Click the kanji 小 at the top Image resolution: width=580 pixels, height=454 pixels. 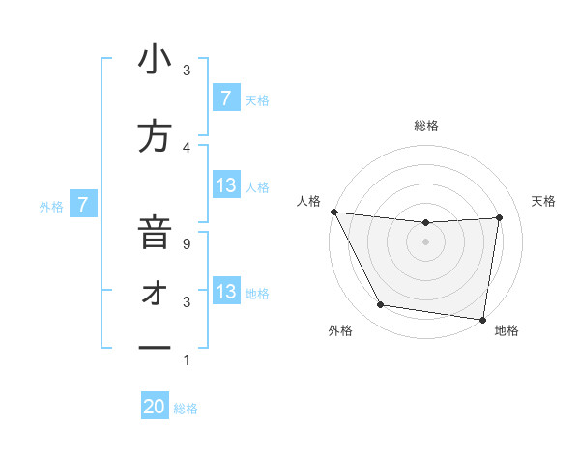point(155,60)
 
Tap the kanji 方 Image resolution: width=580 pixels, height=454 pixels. point(155,137)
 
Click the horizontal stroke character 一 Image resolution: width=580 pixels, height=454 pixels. point(155,346)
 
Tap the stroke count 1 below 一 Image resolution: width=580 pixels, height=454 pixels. point(187,360)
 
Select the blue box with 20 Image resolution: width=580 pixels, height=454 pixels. point(155,407)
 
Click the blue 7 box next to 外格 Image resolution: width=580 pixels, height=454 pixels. point(84,204)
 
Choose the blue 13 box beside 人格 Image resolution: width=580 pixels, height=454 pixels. point(226,185)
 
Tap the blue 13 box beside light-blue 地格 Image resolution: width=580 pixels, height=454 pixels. point(226,292)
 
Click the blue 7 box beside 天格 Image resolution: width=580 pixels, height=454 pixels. point(226,98)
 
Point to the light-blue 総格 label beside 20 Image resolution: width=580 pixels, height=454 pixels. point(186,409)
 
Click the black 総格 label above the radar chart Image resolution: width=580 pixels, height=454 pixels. point(425,126)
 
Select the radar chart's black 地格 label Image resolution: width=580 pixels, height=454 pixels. point(507,331)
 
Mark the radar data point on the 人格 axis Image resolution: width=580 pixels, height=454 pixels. point(333,212)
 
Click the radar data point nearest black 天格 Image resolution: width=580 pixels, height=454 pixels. point(500,217)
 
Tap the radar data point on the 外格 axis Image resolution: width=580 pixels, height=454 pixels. point(380,305)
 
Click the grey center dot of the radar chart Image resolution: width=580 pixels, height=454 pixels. point(425,241)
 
